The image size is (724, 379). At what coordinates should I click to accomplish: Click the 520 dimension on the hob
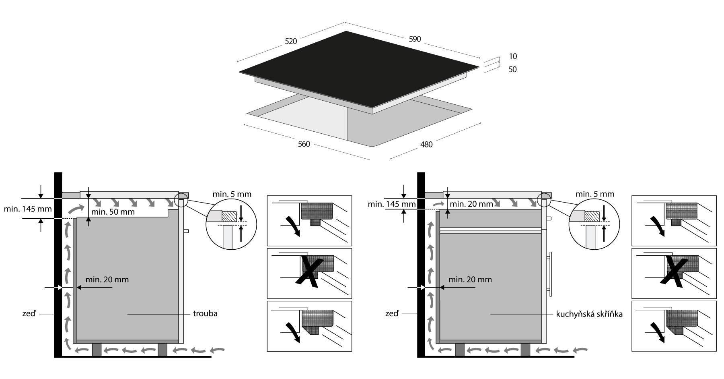(291, 41)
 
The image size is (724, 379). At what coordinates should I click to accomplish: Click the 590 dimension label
(415, 39)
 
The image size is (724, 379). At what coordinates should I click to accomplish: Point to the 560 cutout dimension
(304, 144)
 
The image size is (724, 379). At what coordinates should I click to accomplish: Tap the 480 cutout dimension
(426, 144)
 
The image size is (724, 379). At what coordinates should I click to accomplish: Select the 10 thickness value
(512, 56)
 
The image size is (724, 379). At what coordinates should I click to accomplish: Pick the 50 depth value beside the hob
(512, 70)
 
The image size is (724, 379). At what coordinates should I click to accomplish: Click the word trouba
(205, 313)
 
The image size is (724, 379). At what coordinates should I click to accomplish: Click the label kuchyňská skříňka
(589, 314)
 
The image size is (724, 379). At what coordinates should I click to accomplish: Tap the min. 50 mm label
(113, 212)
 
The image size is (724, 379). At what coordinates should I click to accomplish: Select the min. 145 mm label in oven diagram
(28, 209)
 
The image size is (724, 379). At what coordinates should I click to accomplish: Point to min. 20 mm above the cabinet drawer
(471, 204)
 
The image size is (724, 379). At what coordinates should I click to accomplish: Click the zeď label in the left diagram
(29, 313)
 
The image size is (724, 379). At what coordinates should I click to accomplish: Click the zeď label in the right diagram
(392, 313)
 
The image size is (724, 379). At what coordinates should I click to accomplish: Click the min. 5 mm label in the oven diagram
(232, 194)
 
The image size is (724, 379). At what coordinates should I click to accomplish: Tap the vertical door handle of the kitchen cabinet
(550, 274)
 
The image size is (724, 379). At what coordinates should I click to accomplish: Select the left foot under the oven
(97, 350)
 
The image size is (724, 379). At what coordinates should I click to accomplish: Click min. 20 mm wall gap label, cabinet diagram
(470, 279)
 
